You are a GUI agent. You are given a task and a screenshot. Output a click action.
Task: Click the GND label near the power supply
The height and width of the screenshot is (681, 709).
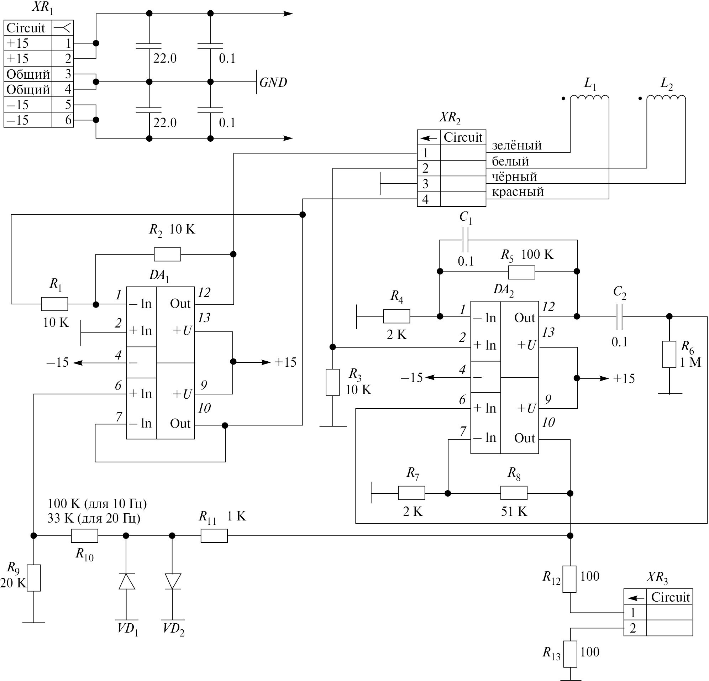coord(273,82)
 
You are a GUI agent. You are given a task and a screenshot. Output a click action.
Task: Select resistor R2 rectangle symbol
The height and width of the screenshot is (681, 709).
coord(167,255)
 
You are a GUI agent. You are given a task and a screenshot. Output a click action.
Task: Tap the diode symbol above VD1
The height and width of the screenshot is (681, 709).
coord(127,581)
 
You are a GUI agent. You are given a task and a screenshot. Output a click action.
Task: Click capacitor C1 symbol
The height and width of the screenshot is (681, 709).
coord(465,240)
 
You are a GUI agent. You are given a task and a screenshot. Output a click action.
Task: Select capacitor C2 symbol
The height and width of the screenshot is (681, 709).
coord(619,316)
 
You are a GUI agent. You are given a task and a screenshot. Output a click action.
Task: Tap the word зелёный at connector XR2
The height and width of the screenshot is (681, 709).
coord(516,146)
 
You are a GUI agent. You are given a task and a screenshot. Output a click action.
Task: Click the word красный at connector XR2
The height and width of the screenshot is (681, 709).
coord(518,192)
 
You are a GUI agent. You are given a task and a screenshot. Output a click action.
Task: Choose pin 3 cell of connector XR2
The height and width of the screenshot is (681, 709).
coord(426,184)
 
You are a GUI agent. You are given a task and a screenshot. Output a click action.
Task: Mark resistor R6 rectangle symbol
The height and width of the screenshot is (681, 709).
coord(669,355)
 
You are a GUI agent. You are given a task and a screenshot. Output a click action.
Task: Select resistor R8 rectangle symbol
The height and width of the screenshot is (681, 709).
coord(514,493)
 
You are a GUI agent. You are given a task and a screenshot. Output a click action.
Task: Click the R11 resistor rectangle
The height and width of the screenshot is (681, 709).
coord(214,535)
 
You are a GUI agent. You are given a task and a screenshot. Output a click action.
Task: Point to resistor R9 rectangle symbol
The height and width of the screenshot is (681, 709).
coord(34,578)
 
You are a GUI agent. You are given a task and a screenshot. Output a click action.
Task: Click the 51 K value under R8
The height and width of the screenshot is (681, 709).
coord(514,511)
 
